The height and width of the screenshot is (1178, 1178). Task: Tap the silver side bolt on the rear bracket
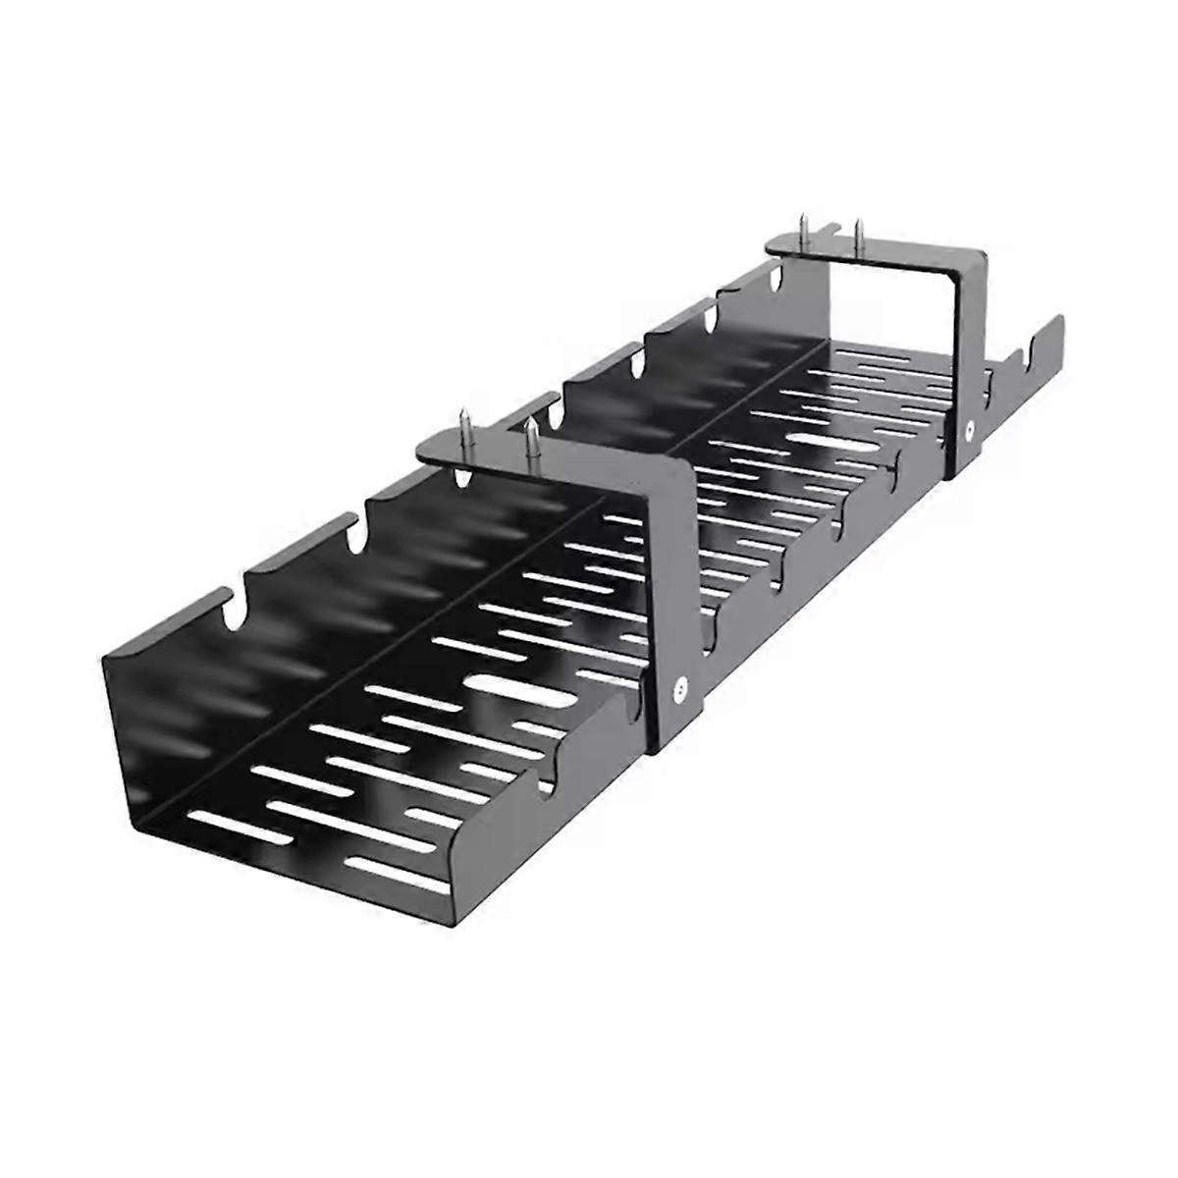969,429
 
